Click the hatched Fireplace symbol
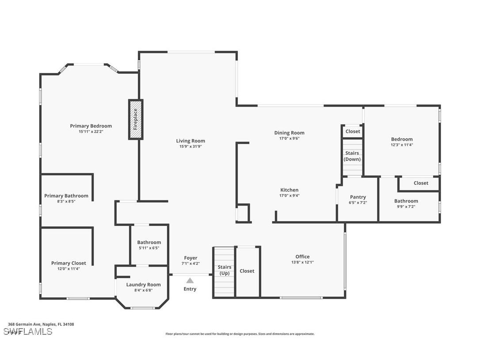click(x=136, y=119)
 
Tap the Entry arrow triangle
click(x=190, y=280)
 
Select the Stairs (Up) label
click(x=225, y=270)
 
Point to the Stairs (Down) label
click(x=352, y=156)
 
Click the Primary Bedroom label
click(x=91, y=126)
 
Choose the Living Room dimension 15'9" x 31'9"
click(x=190, y=147)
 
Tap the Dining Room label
click(x=289, y=133)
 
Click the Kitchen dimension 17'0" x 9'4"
click(x=289, y=195)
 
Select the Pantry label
click(x=358, y=197)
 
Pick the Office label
click(x=302, y=257)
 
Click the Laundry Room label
click(x=143, y=284)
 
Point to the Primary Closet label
click(x=69, y=263)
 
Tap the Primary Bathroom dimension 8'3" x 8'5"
click(x=66, y=201)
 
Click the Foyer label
click(x=190, y=258)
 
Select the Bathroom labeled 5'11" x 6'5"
click(x=149, y=242)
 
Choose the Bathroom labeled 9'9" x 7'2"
click(x=406, y=201)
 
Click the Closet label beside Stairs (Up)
click(x=247, y=271)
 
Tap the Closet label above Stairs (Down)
click(x=353, y=131)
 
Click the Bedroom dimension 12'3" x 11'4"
click(x=401, y=145)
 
